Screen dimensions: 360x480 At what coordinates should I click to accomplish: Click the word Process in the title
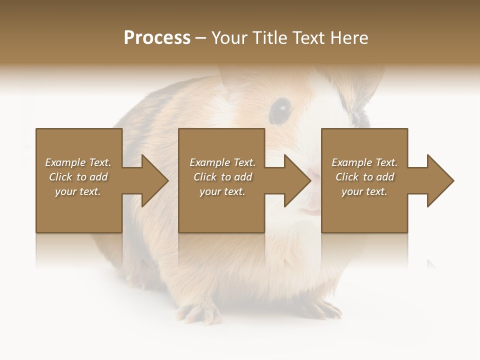point(157,38)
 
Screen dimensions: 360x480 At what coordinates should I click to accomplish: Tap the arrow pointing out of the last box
point(433,180)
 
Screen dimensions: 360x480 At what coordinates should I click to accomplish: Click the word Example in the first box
point(65,162)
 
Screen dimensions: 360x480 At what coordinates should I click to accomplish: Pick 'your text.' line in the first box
point(78,191)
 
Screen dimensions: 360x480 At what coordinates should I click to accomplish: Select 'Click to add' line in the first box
point(78,177)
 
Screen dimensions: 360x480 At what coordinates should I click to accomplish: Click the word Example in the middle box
point(209,162)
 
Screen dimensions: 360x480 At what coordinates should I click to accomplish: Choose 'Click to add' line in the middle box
point(222,177)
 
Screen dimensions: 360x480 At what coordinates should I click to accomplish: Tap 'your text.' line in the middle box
point(222,191)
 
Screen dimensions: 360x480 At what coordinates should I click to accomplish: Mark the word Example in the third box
point(351,162)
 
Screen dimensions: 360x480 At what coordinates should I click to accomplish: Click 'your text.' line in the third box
point(364,191)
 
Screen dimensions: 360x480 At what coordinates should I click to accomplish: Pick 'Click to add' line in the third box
point(364,177)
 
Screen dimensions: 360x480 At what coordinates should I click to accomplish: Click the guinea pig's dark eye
point(281,108)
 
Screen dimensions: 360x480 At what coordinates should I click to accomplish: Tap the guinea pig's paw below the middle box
point(200,312)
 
